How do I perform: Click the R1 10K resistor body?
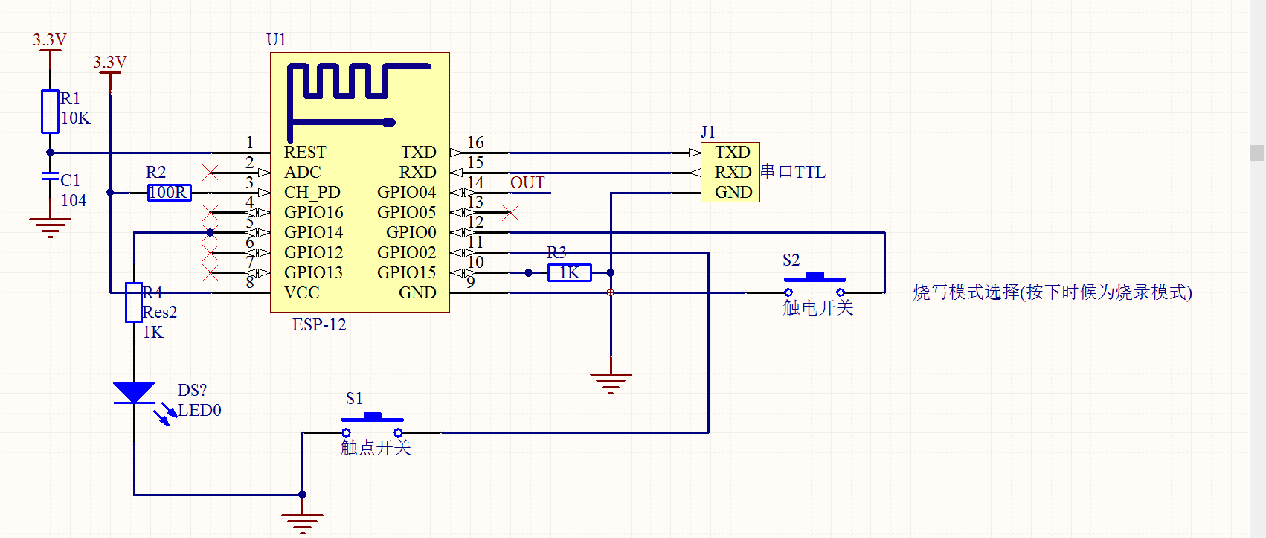pos(50,112)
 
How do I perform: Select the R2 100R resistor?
pos(169,193)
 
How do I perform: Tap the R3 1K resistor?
pos(569,273)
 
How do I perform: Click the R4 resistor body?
pos(134,302)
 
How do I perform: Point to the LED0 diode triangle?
pos(134,392)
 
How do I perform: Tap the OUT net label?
pos(527,183)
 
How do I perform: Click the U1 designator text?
pos(276,40)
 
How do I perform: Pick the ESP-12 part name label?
pos(319,325)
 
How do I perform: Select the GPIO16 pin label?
pos(313,213)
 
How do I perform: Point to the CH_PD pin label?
pos(312,193)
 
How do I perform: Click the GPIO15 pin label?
pos(406,273)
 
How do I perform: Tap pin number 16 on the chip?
pos(475,143)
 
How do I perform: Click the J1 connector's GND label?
pos(733,193)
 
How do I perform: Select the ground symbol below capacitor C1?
pos(50,226)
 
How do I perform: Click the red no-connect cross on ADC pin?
pos(211,173)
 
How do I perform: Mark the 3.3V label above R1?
pos(50,40)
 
